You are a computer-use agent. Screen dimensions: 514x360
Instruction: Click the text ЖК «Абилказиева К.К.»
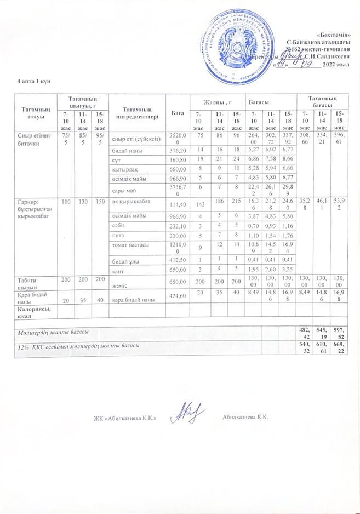pos(127,418)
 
